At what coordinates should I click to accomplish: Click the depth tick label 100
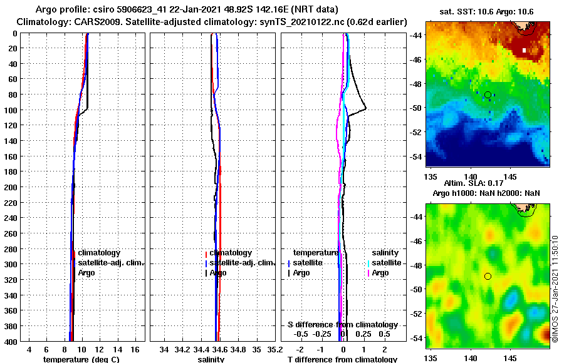(12, 110)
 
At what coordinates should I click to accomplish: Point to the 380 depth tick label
(12, 326)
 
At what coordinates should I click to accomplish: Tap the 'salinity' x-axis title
(212, 359)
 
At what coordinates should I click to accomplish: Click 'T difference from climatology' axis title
(342, 359)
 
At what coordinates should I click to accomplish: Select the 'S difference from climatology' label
(343, 325)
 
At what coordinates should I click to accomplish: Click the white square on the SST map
(525, 50)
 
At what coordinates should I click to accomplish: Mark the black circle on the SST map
(488, 95)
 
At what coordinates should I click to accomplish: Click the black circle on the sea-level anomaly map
(488, 276)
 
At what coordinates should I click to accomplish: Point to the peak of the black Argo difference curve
(366, 108)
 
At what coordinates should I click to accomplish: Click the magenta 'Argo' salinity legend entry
(380, 273)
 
